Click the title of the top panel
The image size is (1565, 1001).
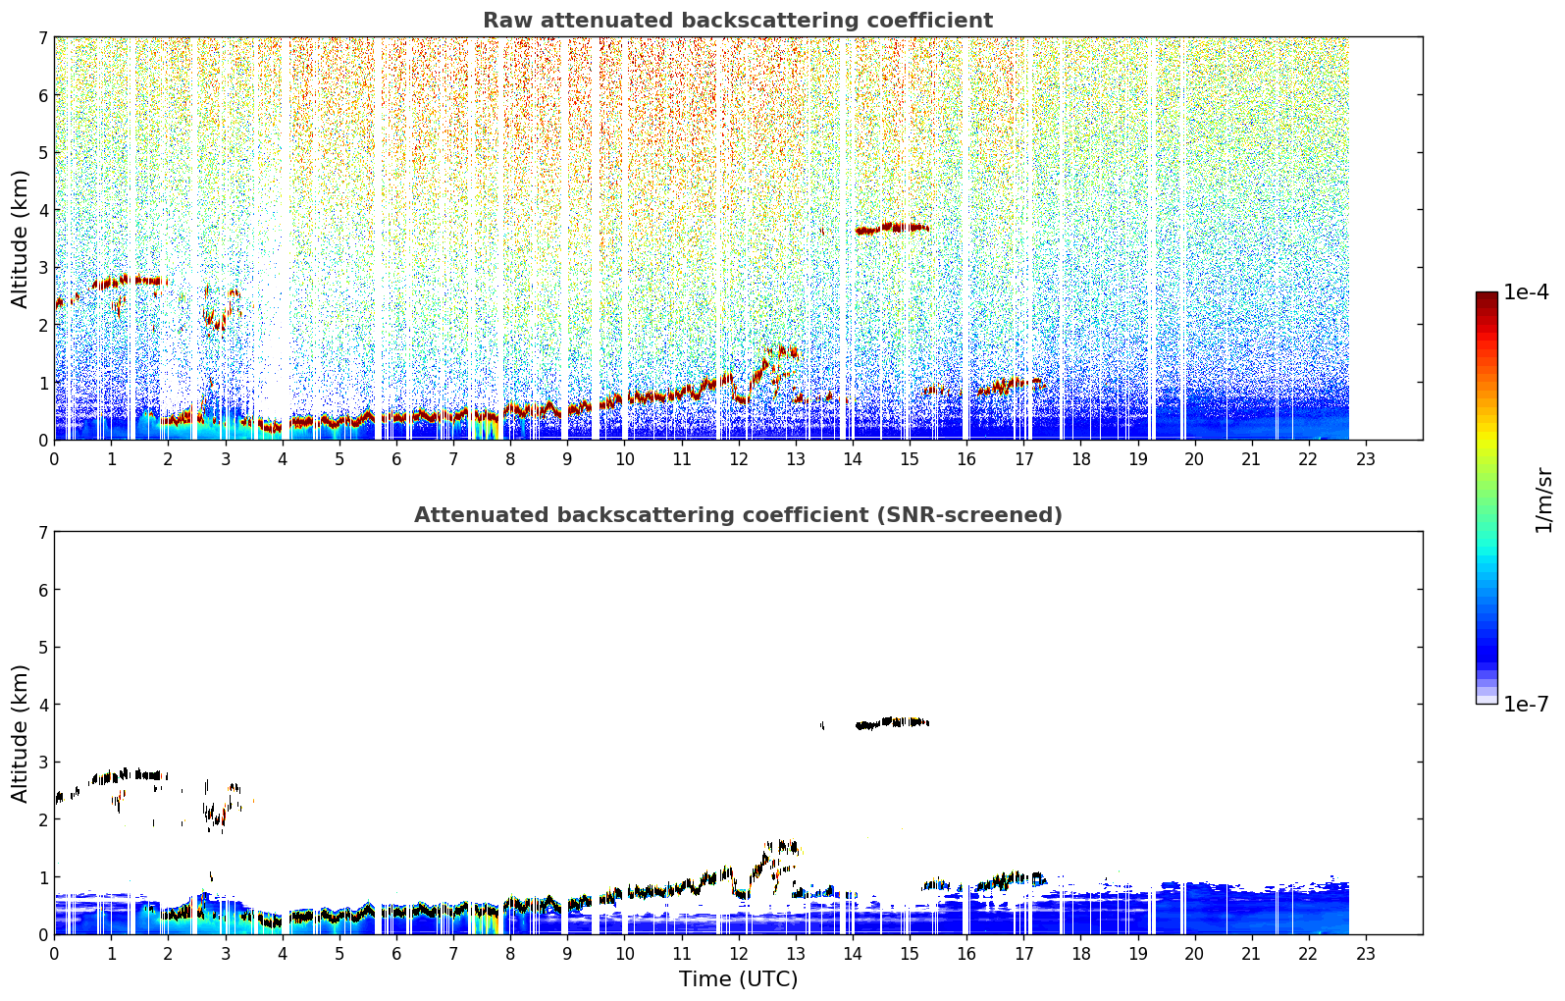(738, 21)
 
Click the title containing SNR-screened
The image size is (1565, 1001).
(738, 514)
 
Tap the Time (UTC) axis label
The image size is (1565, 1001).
(738, 978)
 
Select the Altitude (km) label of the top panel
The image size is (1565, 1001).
(20, 238)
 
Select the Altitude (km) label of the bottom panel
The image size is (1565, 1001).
(20, 733)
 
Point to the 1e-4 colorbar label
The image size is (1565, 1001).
(1526, 292)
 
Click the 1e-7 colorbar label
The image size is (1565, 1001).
(1526, 704)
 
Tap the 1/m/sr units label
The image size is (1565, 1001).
(1543, 500)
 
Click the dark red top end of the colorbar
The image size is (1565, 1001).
(1487, 295)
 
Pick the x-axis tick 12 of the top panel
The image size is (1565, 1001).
(739, 459)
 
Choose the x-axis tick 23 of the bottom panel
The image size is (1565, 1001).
(1365, 954)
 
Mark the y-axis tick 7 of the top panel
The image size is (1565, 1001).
(42, 37)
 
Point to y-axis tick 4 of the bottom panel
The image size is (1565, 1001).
(42, 705)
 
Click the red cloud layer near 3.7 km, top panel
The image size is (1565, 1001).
(892, 228)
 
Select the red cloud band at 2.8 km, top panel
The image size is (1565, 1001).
(130, 281)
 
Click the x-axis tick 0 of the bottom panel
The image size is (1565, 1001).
(55, 954)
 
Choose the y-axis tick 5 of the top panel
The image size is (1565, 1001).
(42, 152)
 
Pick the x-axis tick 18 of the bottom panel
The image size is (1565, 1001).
(1081, 954)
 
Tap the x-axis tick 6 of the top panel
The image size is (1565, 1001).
(396, 459)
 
